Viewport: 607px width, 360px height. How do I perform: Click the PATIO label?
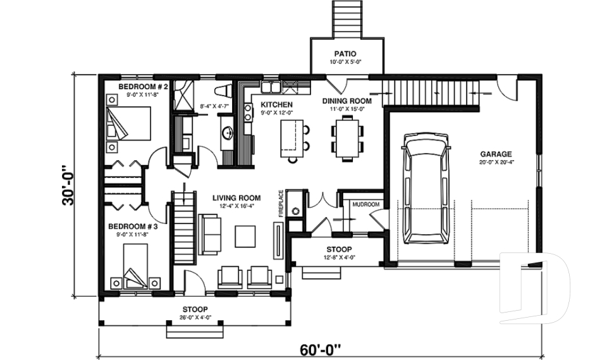click(x=346, y=54)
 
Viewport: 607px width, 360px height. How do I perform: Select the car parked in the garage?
click(x=427, y=189)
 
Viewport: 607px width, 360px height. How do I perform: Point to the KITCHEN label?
click(x=277, y=104)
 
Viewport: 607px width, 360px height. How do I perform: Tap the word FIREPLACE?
click(x=281, y=203)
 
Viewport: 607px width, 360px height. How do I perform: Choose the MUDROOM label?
click(x=365, y=204)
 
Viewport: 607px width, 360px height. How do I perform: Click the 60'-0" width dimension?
click(x=319, y=349)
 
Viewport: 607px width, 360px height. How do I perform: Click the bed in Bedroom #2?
click(x=130, y=123)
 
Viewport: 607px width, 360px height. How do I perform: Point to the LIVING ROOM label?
click(x=236, y=198)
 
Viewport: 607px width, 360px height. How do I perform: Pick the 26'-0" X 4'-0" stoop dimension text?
click(x=194, y=317)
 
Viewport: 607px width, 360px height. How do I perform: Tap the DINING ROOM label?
click(x=346, y=101)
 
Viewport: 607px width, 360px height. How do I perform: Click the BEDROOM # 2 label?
click(x=143, y=86)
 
